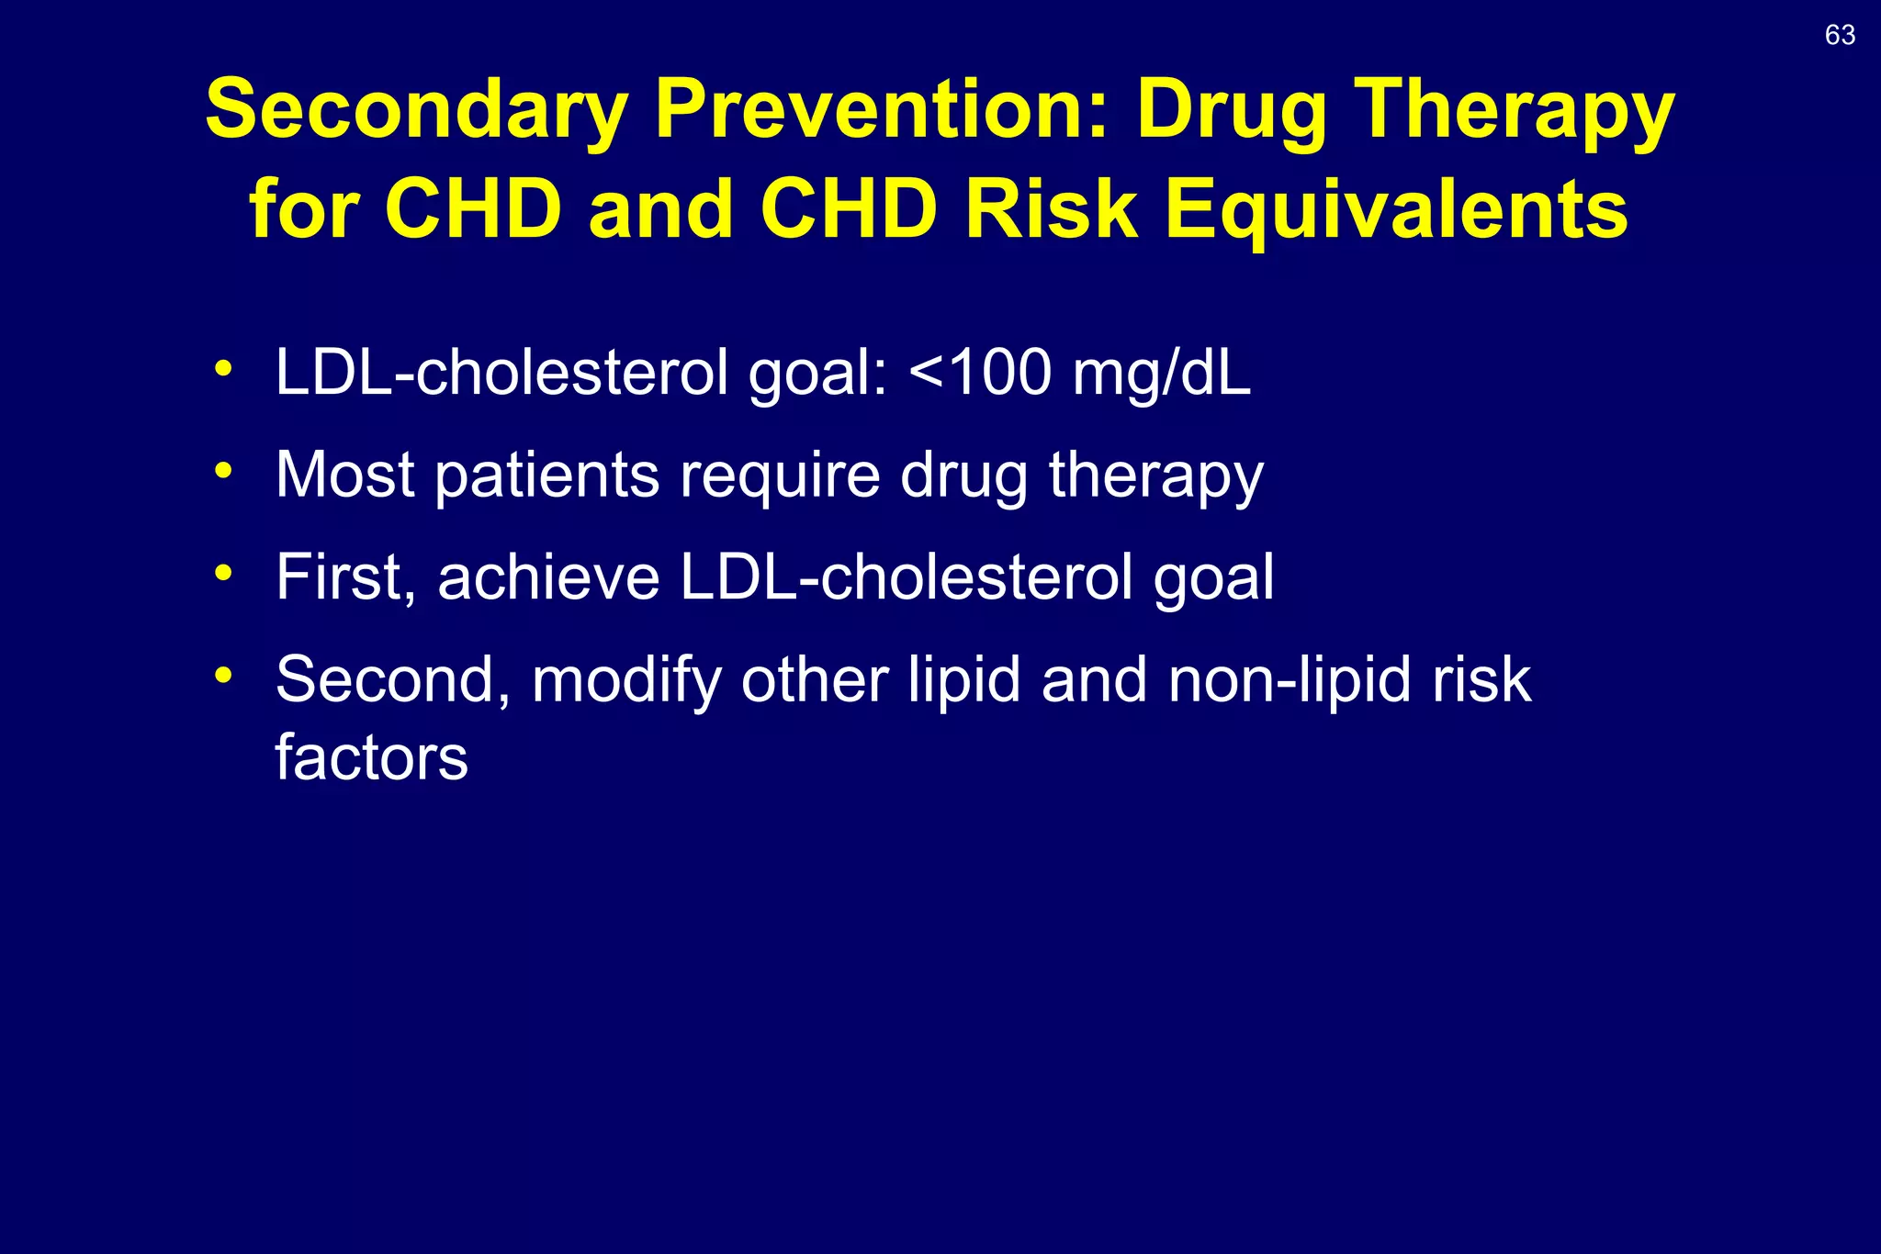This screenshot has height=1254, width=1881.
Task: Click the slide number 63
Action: pyautogui.click(x=1840, y=35)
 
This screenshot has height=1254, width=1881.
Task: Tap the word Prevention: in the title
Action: pyautogui.click(x=882, y=110)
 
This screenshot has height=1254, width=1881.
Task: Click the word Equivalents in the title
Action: pyautogui.click(x=1396, y=209)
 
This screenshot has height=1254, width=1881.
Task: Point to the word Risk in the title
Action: pyautogui.click(x=1050, y=209)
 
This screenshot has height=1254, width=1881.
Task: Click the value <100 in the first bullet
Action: pyautogui.click(x=980, y=373)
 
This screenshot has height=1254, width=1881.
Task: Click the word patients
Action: pyautogui.click(x=546, y=476)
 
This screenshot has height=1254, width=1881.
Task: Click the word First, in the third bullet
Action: pyautogui.click(x=346, y=578)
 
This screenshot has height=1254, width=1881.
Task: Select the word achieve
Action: pyautogui.click(x=548, y=577)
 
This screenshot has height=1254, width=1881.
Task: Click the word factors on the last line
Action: pyautogui.click(x=371, y=758)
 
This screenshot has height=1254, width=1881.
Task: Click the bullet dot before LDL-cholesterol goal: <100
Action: pyautogui.click(x=222, y=369)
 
